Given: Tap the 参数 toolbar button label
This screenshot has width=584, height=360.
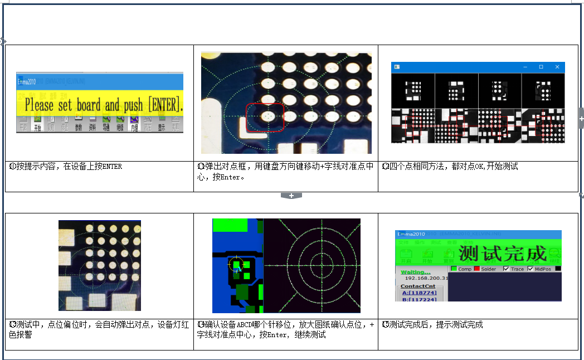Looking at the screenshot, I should (78, 128).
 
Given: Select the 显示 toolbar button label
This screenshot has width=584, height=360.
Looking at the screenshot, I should (161, 128).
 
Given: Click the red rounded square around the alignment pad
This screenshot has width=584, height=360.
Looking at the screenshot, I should (265, 117).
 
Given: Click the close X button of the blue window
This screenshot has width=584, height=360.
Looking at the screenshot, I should (557, 67).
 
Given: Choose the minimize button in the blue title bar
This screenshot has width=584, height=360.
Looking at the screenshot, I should (525, 67).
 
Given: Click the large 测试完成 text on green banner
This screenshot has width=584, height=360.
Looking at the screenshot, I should (503, 254).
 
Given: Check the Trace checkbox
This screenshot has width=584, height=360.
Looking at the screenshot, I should (506, 269).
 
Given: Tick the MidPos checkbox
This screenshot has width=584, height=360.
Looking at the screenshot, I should (531, 269).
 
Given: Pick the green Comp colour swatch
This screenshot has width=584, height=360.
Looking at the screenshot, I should (454, 269).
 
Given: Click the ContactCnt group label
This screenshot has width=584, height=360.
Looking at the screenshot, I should (418, 285).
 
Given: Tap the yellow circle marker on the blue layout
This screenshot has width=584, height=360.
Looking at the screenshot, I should (235, 264).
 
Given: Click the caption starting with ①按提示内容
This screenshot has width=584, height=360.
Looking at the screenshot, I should (66, 166).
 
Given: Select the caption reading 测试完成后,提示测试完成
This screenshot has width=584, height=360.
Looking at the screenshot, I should (432, 324).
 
